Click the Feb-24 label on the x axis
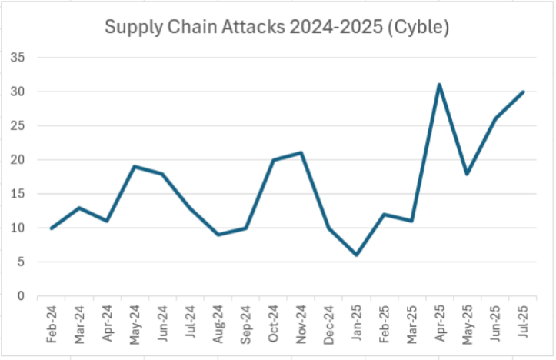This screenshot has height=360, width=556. coord(52,325)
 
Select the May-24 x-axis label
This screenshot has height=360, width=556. coord(135,325)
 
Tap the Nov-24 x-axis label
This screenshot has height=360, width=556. coord(301,325)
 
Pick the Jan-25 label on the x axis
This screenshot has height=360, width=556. coord(357,325)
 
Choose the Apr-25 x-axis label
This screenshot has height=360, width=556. coord(440,325)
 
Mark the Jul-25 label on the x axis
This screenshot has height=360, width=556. coord(523,325)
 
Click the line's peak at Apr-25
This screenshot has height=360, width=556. coord(439,85)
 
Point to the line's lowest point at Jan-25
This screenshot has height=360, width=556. coord(356,255)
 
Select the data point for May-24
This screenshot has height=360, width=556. coord(134,166)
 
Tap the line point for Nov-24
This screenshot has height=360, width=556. coord(301,152)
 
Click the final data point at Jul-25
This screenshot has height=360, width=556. coord(523,92)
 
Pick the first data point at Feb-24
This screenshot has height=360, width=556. coord(51,228)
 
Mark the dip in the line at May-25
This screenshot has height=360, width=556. coord(467,173)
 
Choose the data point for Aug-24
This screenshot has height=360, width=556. coord(218,235)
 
